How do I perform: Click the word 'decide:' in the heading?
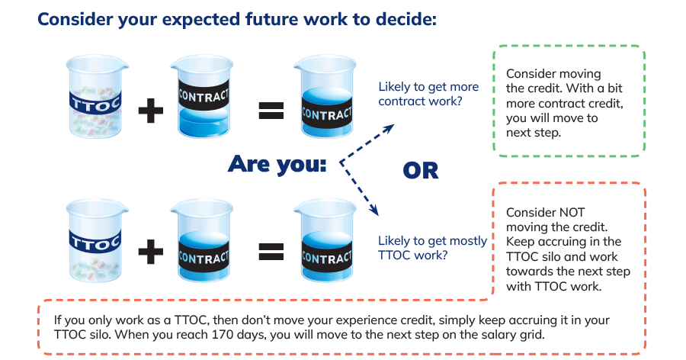[406, 19]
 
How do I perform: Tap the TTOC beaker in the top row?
[97, 96]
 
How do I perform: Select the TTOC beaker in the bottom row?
[97, 240]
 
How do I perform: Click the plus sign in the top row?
[150, 110]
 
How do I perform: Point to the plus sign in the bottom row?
[150, 252]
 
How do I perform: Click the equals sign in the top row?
[271, 110]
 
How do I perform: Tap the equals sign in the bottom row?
[271, 252]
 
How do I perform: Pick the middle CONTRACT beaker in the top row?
[202, 96]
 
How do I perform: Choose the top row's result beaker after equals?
[325, 96]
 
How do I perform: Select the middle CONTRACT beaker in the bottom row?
[202, 240]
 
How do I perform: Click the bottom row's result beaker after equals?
[325, 240]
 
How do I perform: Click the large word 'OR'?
[421, 171]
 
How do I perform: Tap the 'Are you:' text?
[277, 164]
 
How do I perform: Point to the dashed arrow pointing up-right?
[367, 143]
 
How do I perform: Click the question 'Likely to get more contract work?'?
[428, 94]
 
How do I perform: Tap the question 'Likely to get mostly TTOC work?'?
[432, 248]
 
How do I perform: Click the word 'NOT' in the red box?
[571, 212]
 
